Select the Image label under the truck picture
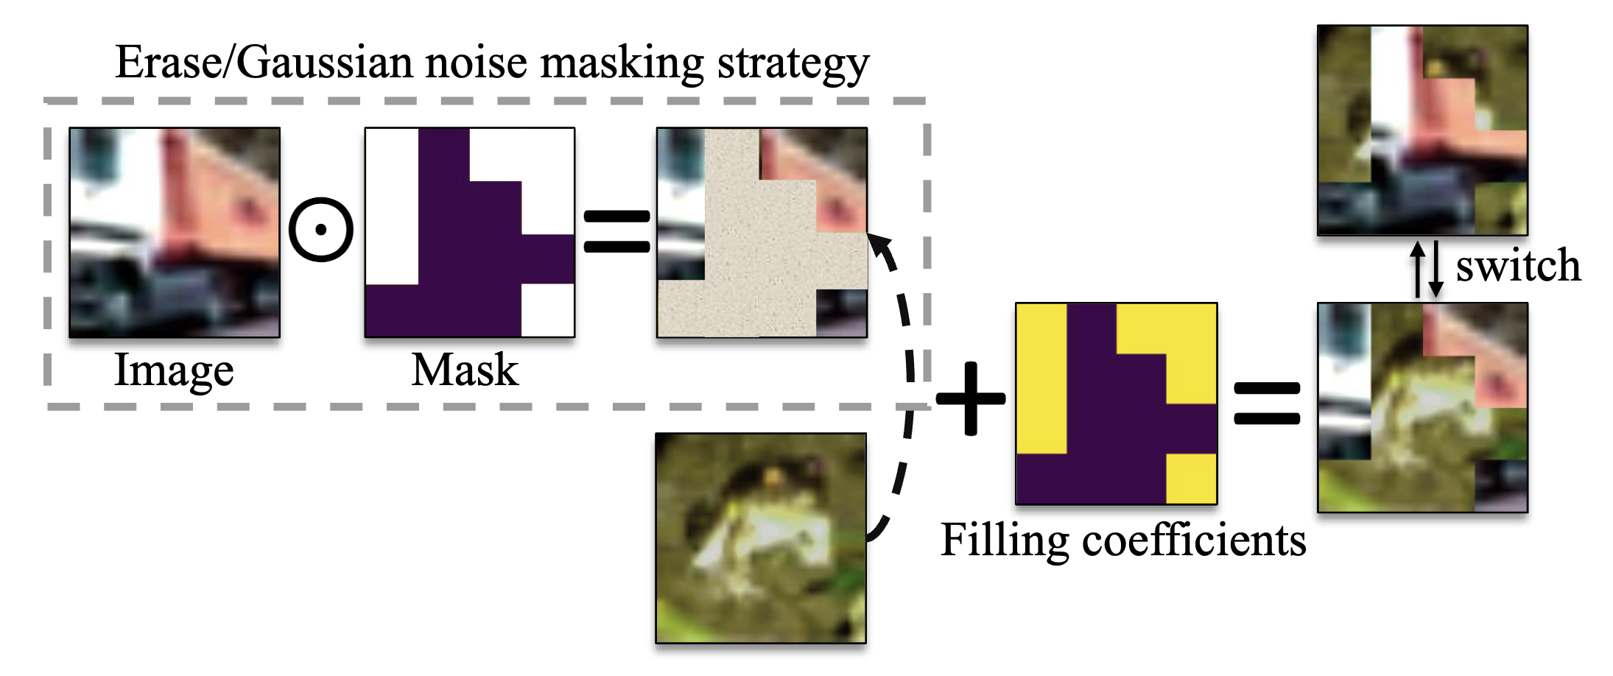point(174,370)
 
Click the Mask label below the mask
point(464,370)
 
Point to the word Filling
point(1004,541)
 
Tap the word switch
point(1518,266)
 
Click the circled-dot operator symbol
point(321,230)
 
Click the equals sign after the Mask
point(616,231)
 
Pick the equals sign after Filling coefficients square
point(1267,403)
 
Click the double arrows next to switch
point(1427,269)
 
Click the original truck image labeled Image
point(175,233)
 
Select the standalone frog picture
point(761,538)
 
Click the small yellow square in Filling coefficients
point(1191,479)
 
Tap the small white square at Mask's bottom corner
point(547,310)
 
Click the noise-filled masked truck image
point(762,233)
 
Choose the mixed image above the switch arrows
point(1422,130)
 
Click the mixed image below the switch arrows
point(1422,407)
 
